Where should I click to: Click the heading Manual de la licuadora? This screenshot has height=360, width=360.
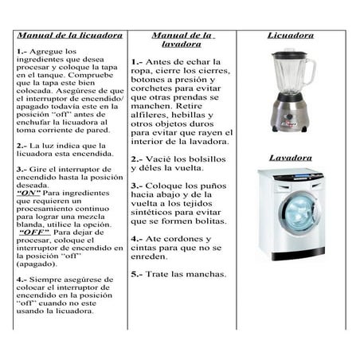tap(70, 35)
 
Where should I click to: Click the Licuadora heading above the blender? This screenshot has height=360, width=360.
tap(290, 35)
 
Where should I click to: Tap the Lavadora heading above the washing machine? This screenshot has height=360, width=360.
tap(289, 158)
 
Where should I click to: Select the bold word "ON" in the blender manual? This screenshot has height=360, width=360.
tap(28, 193)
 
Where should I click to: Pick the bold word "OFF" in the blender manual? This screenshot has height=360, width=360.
tap(29, 232)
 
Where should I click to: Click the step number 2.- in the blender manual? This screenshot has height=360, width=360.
tap(22, 147)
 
